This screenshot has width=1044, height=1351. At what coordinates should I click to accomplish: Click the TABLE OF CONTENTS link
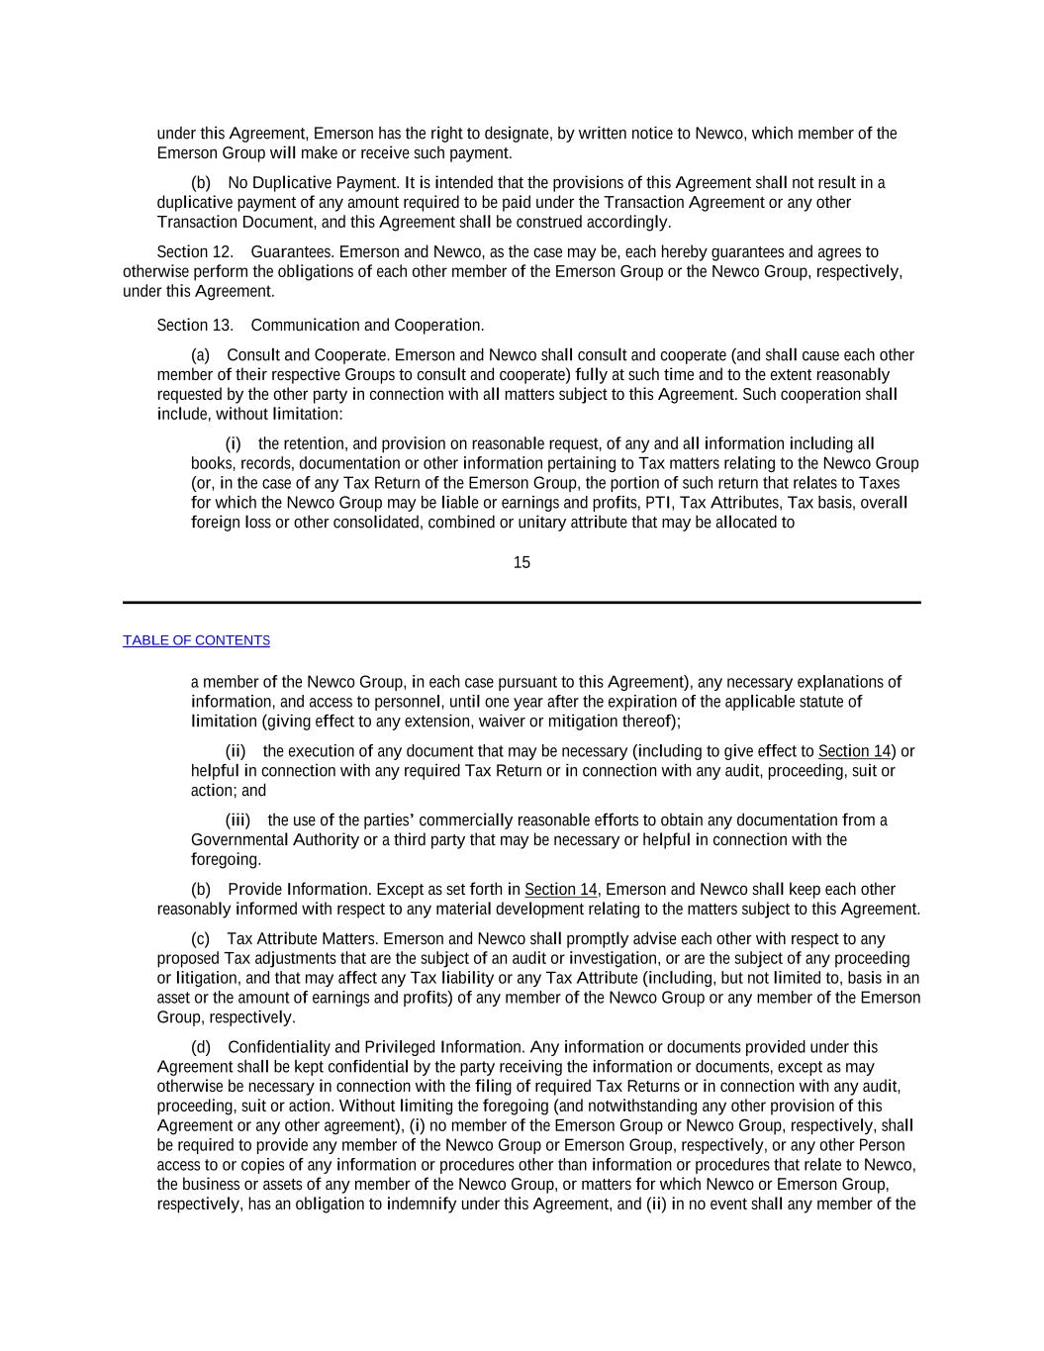point(196,640)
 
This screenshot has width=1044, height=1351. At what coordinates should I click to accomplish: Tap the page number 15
point(522,563)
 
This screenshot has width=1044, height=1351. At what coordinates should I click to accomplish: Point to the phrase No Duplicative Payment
point(313,183)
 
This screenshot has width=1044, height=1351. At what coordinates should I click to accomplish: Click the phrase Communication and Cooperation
point(367,326)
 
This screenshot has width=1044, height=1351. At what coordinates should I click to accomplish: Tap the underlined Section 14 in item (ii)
point(854,751)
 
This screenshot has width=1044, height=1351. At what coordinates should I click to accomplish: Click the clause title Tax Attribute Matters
point(302,939)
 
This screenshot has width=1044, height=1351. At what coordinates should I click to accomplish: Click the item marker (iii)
point(237,820)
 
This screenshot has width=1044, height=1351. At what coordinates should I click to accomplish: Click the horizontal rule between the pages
point(522,602)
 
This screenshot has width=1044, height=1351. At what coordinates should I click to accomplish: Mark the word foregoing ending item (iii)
point(225,860)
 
